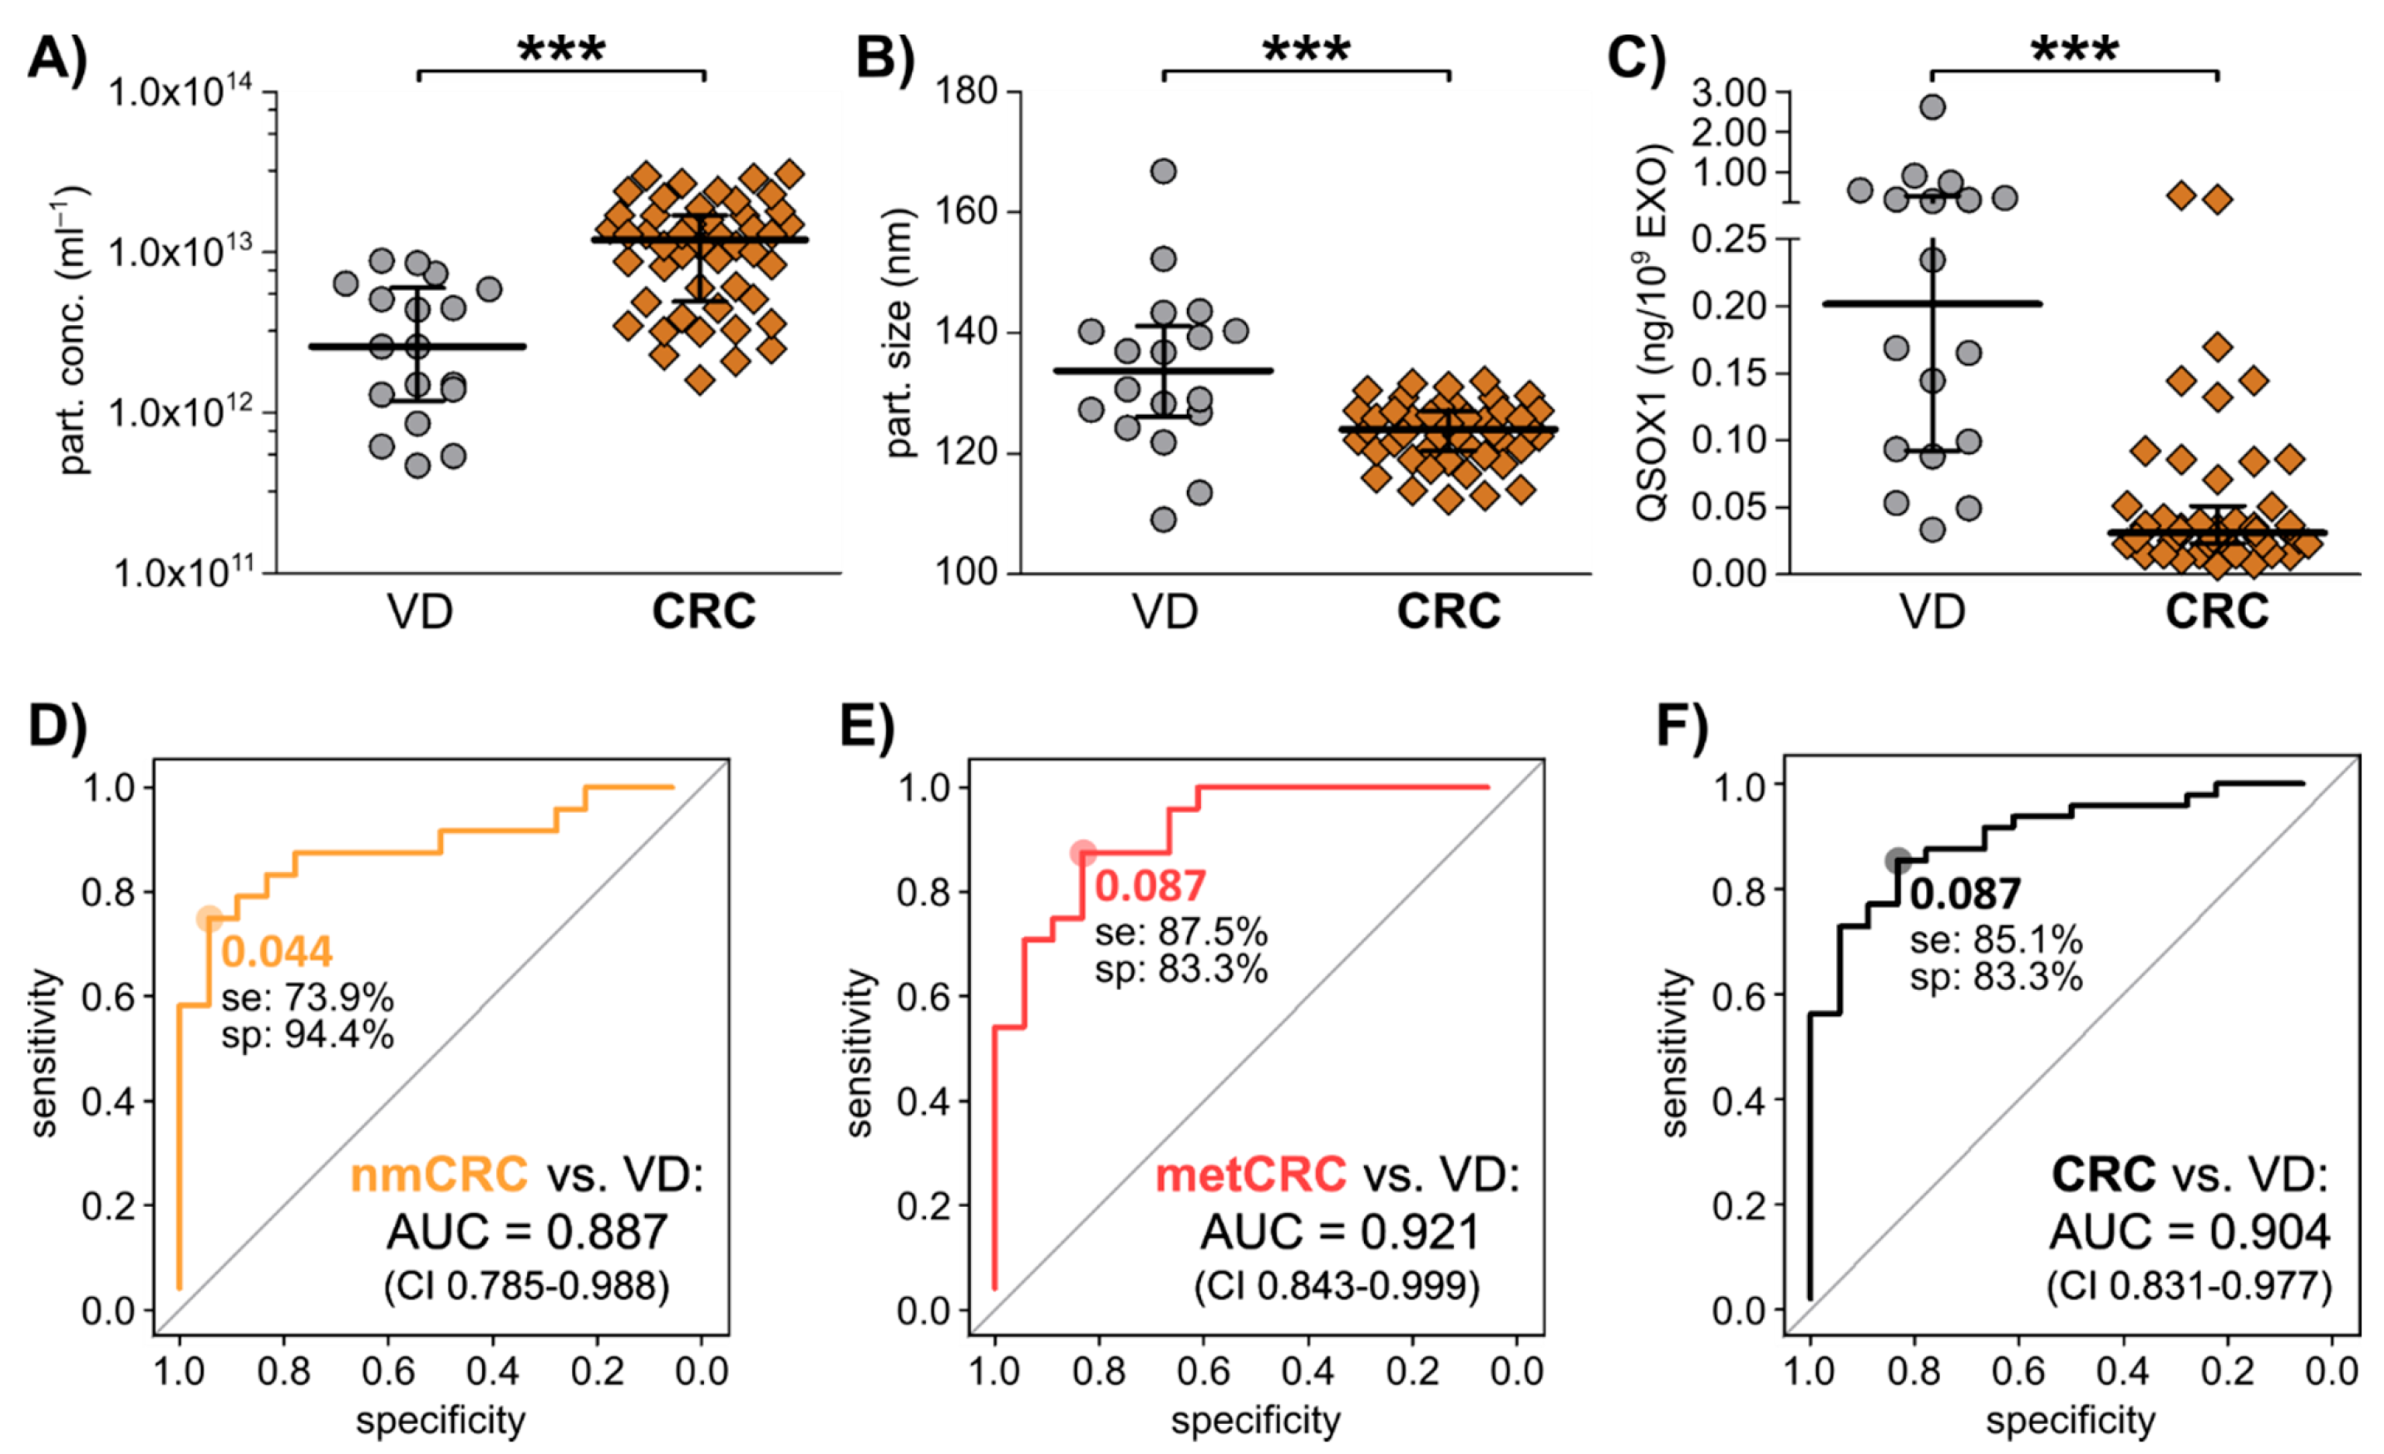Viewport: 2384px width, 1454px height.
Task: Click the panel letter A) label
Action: pyautogui.click(x=57, y=58)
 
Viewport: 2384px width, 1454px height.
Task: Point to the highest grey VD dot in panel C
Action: pyautogui.click(x=1932, y=107)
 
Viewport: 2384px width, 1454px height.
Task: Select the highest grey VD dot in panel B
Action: pyautogui.click(x=1163, y=172)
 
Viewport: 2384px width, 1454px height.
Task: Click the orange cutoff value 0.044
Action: pyautogui.click(x=277, y=952)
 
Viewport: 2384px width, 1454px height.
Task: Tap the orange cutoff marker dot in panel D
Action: pyautogui.click(x=209, y=919)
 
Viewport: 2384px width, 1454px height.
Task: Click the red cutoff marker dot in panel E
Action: pyautogui.click(x=1082, y=853)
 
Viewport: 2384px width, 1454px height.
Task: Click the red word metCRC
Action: pyautogui.click(x=1250, y=1175)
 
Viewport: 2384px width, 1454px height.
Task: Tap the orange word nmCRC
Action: pyautogui.click(x=438, y=1175)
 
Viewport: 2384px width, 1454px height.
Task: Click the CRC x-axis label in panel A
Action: pyautogui.click(x=703, y=611)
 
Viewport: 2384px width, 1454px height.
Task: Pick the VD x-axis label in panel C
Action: pyautogui.click(x=1932, y=611)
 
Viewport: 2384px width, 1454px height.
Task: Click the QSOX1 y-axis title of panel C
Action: pyautogui.click(x=1651, y=332)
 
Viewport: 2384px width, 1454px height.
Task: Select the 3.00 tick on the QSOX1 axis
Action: pyautogui.click(x=1741, y=93)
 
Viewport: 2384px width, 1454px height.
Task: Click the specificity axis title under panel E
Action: pyautogui.click(x=1255, y=1420)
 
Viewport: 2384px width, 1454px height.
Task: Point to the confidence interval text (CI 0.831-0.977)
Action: pyautogui.click(x=2189, y=1287)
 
